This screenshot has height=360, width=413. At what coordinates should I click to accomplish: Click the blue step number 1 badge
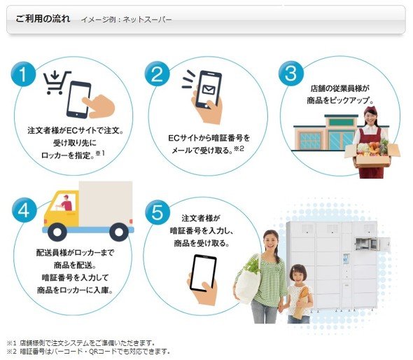(23, 74)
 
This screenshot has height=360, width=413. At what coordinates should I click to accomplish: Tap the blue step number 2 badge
(157, 74)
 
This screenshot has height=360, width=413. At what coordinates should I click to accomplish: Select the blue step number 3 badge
(290, 74)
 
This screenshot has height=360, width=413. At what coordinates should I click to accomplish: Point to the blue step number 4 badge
(24, 210)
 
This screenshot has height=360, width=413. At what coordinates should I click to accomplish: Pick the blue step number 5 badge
(157, 212)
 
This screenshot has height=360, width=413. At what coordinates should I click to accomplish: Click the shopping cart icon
(57, 83)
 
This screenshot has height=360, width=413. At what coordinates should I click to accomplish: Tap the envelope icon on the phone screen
(209, 90)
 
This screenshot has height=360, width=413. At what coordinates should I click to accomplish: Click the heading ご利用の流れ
(43, 19)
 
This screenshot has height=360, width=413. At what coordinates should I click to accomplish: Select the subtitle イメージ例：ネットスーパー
(126, 20)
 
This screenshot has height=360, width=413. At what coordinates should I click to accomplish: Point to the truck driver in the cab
(66, 202)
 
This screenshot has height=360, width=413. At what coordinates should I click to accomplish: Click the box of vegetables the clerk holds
(372, 153)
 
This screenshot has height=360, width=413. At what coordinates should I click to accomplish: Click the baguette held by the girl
(300, 303)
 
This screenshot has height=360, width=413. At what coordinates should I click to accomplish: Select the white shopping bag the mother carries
(247, 284)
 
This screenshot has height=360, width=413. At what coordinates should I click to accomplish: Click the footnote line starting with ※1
(80, 343)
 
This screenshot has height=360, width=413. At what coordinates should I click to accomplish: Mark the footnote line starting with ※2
(88, 352)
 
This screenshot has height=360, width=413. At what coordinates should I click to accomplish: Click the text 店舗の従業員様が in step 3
(339, 88)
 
